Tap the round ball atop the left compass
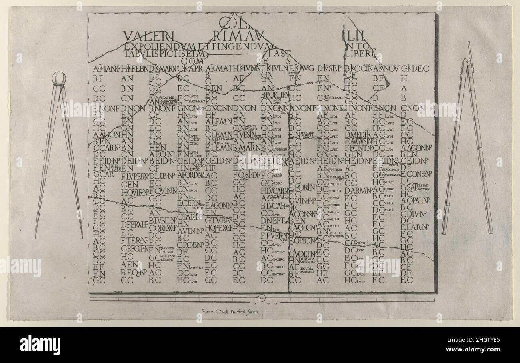pos(59,78)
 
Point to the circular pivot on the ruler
pos(262,298)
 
